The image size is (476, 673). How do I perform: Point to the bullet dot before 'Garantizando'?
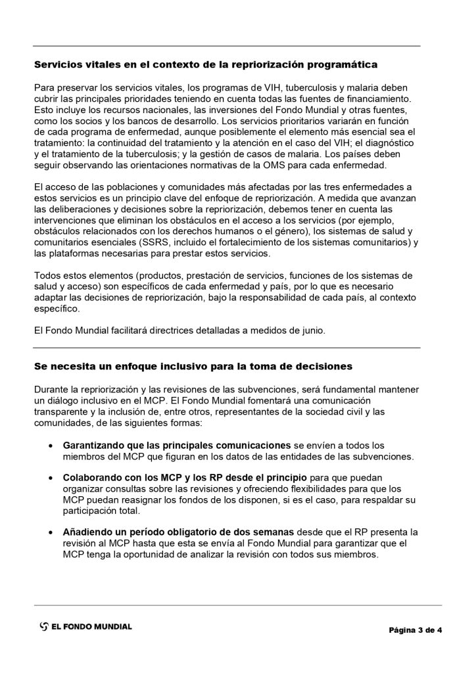52,445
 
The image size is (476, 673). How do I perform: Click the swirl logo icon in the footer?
43,626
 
